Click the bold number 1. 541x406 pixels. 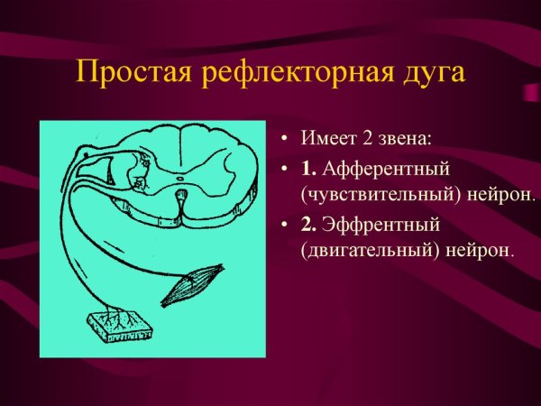point(309,168)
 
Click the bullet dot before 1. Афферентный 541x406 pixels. point(284,169)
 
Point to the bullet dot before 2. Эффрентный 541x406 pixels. point(284,224)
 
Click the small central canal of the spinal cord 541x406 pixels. point(181,180)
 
